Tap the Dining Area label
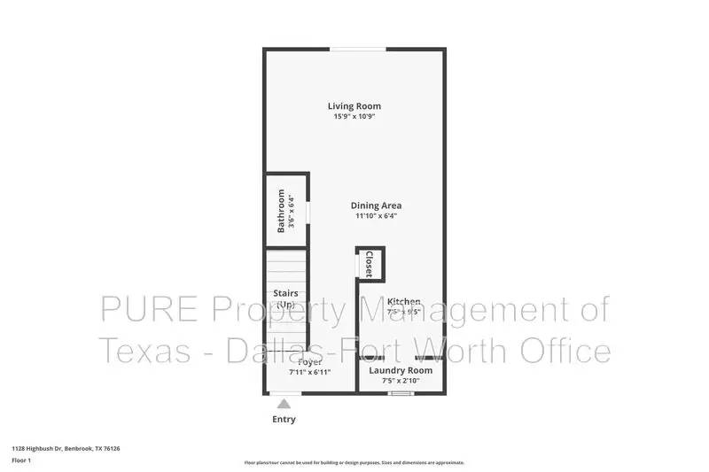pyautogui.click(x=378, y=205)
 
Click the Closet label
pyautogui.click(x=369, y=263)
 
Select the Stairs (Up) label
pyautogui.click(x=285, y=298)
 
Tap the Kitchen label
pyautogui.click(x=404, y=302)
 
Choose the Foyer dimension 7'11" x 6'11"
pyautogui.click(x=310, y=372)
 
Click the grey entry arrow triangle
pyautogui.click(x=284, y=403)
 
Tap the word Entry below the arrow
pyautogui.click(x=284, y=419)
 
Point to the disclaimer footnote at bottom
pyautogui.click(x=354, y=462)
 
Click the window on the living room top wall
pyautogui.click(x=358, y=49)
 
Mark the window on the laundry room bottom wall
pyautogui.click(x=401, y=392)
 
